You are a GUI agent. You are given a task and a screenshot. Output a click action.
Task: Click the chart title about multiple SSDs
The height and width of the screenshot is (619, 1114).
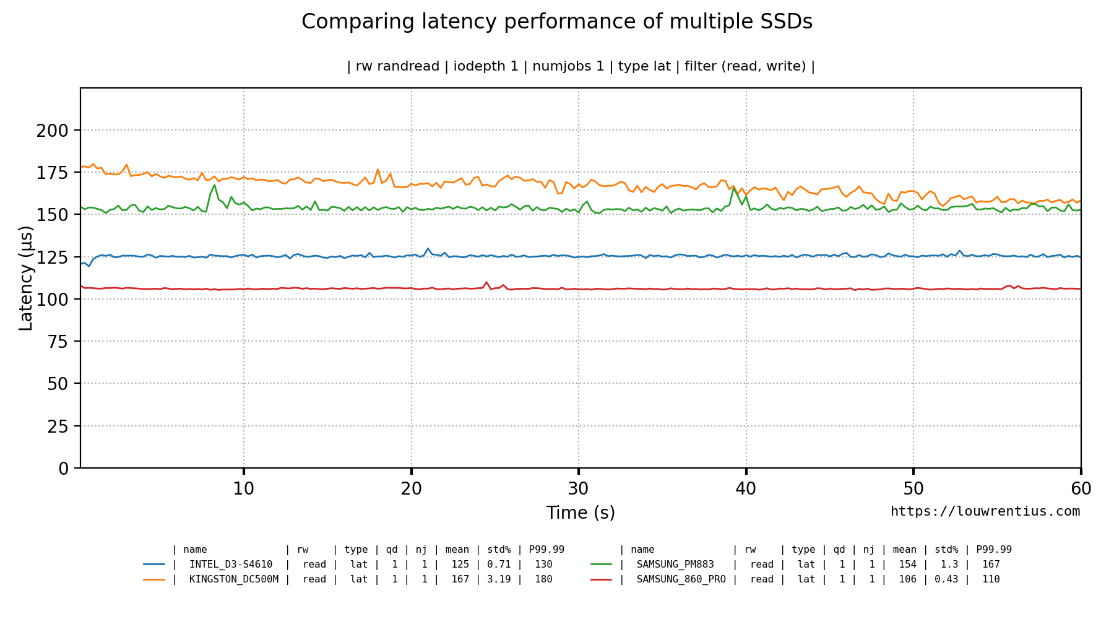pos(556,22)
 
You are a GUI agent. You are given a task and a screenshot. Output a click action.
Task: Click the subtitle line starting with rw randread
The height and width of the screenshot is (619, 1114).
pos(581,66)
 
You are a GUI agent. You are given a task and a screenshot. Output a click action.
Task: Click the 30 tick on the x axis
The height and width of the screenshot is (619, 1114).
pos(579,489)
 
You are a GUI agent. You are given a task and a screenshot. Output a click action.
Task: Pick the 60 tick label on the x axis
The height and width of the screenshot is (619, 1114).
pos(1081,489)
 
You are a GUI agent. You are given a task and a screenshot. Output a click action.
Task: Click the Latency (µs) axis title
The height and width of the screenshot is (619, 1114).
pos(26,279)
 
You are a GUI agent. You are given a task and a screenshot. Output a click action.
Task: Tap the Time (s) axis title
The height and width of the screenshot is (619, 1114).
pos(581,513)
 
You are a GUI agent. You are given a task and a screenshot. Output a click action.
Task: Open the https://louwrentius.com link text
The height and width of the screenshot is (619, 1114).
pos(985,512)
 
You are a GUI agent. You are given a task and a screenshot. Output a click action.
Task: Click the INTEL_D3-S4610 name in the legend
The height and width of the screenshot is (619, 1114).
pos(230,565)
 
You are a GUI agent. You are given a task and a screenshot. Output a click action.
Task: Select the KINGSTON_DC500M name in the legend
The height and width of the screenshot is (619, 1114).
pos(233,579)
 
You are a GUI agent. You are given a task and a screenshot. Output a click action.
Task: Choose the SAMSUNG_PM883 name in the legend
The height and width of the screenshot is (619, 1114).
pos(675,565)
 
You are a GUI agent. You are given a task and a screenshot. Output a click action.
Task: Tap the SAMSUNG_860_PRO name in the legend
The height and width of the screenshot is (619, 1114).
pos(681,579)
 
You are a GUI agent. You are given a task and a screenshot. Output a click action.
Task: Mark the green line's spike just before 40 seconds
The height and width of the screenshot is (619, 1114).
pos(734,188)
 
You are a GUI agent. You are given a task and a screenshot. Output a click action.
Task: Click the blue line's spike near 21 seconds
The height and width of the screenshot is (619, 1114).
pos(428,249)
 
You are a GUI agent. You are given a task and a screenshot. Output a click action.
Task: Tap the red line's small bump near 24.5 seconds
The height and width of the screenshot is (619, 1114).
pos(486,282)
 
